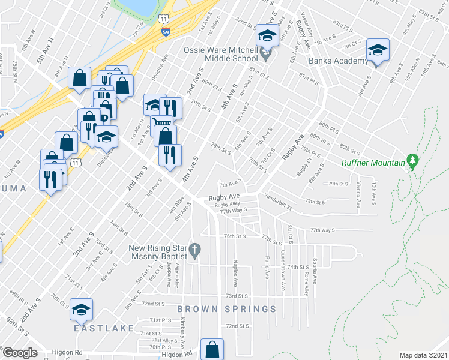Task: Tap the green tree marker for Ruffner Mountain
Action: pyautogui.click(x=412, y=160)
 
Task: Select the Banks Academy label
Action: pyautogui.click(x=338, y=61)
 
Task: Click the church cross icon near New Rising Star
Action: pyautogui.click(x=194, y=249)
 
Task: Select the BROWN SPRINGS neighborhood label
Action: pyautogui.click(x=226, y=310)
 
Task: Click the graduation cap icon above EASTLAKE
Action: pyautogui.click(x=81, y=310)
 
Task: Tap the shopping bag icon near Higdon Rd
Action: pyautogui.click(x=212, y=349)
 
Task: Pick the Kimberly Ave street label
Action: pyautogui.click(x=182, y=330)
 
